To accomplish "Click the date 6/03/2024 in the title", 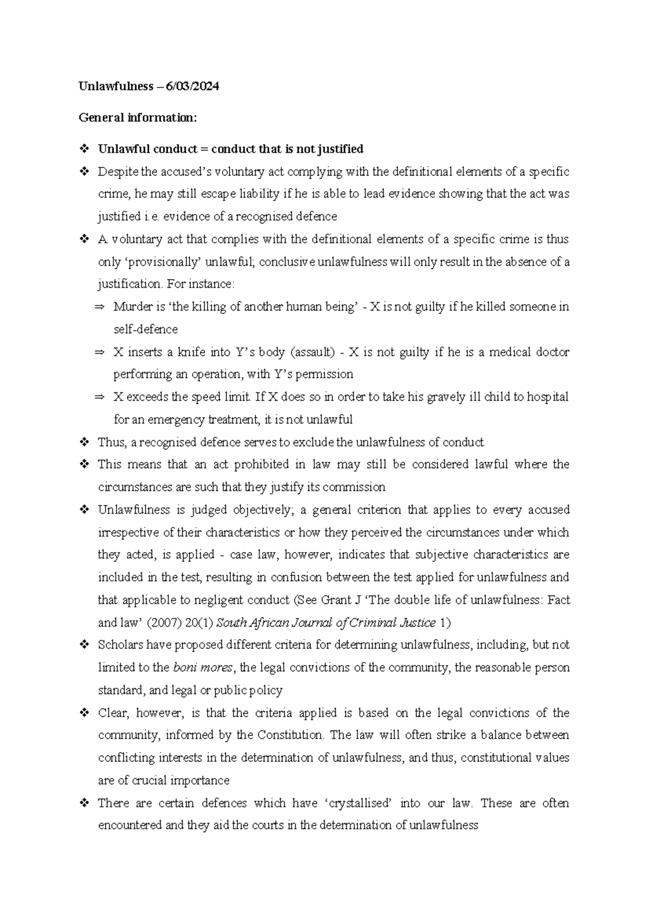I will [x=192, y=87].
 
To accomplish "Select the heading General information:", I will [x=138, y=117].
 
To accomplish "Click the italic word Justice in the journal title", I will [x=417, y=623].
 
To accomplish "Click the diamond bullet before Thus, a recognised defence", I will [x=84, y=443].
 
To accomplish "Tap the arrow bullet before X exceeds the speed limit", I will [x=99, y=397].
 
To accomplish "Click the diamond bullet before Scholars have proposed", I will [x=84, y=645].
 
